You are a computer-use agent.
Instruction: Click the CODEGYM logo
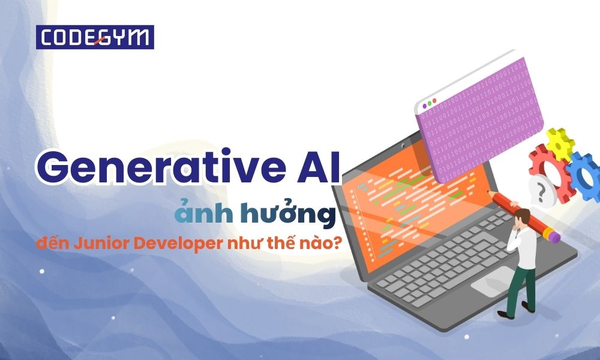95,37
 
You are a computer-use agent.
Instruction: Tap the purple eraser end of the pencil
555,238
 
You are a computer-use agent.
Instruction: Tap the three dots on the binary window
430,104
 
